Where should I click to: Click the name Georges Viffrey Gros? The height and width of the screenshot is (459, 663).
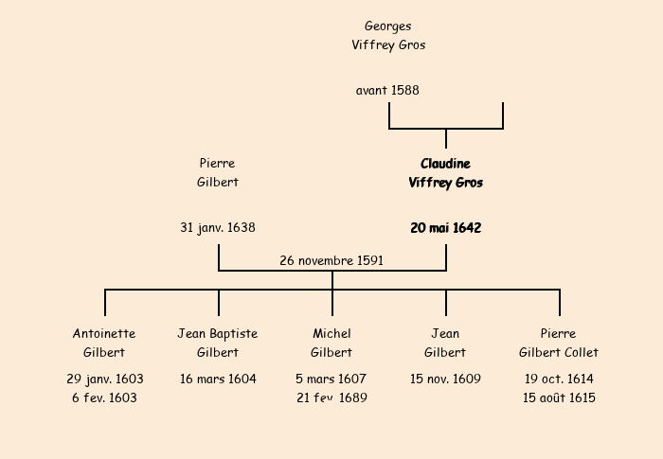point(388,35)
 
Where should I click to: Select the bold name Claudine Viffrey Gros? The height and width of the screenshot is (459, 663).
point(445,173)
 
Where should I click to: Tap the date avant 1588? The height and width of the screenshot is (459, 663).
point(387,91)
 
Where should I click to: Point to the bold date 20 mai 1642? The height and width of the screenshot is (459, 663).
point(445,228)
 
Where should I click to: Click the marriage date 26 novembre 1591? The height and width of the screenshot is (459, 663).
point(331,260)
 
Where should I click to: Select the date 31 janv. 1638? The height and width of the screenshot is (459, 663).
point(218,228)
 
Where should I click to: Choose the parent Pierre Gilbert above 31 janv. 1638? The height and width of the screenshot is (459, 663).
point(218,173)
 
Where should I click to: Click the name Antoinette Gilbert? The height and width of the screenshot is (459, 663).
point(104,343)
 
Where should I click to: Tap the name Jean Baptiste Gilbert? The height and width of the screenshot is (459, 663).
point(218,343)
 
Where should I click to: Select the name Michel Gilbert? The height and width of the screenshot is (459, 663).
point(331,343)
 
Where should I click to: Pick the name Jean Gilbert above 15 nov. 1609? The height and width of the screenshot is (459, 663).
point(445,343)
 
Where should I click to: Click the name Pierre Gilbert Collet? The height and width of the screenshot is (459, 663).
point(559,343)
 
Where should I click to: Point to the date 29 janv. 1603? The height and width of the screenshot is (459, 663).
point(105,380)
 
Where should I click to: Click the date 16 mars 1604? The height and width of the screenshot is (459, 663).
point(218,380)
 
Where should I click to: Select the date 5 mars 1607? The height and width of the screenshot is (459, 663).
point(331,380)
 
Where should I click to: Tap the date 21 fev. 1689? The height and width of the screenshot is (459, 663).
point(331,398)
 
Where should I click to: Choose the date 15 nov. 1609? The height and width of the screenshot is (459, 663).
point(445,380)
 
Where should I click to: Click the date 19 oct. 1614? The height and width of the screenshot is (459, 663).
point(559,380)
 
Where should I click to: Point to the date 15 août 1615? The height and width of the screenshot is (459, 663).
point(559,398)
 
